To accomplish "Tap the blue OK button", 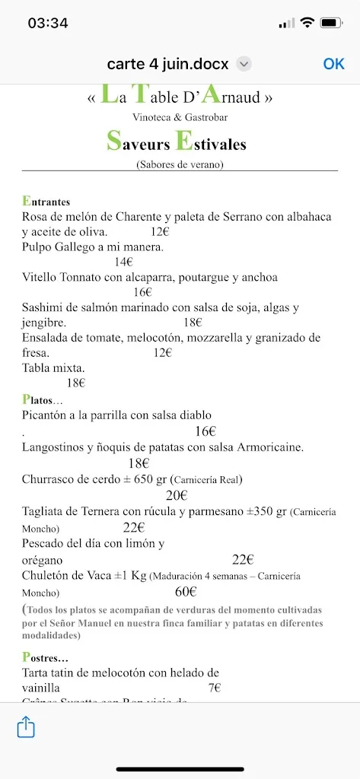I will point(333,64).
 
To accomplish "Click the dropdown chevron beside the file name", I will point(244,65).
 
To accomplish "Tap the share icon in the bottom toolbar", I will point(26,728).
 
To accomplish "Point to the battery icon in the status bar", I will point(331,23).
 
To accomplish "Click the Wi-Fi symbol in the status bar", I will point(307,23).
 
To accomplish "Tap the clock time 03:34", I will point(48,24).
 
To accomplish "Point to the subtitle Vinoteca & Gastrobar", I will point(180,117).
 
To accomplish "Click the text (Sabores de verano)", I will point(180,163).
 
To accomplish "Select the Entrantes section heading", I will point(46,202).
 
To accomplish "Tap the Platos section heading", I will point(43,399).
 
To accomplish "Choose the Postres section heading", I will point(45,657).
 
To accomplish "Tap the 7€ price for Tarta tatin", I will point(214,688).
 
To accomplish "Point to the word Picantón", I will point(46,415).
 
